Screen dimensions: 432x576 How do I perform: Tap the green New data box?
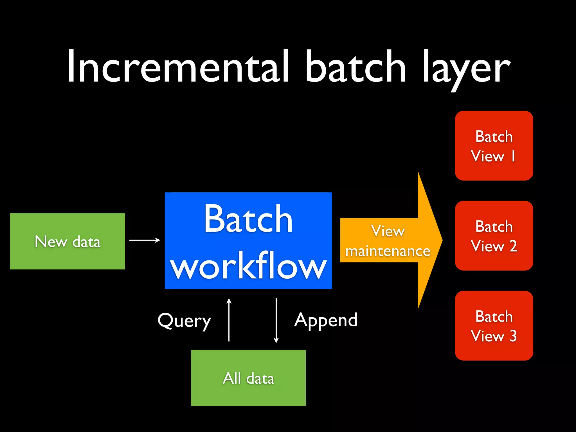pyautogui.click(x=67, y=241)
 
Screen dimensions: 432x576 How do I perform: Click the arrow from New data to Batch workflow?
pyautogui.click(x=145, y=240)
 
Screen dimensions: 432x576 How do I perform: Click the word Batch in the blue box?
pyautogui.click(x=248, y=219)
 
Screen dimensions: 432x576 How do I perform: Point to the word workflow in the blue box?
pyautogui.click(x=248, y=266)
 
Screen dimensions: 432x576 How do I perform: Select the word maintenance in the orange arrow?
pyautogui.click(x=388, y=251)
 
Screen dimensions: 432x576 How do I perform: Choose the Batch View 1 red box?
pyautogui.click(x=494, y=146)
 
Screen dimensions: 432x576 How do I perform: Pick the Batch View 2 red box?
pyautogui.click(x=494, y=236)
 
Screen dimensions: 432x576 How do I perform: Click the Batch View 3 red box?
pyautogui.click(x=494, y=326)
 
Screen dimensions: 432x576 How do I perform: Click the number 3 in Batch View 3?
pyautogui.click(x=513, y=336)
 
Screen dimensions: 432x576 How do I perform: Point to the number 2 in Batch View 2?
pyautogui.click(x=513, y=246)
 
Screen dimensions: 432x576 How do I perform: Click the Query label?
pyautogui.click(x=184, y=321)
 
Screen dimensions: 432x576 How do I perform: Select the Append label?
pyautogui.click(x=326, y=320)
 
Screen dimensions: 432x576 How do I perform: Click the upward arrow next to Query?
pyautogui.click(x=229, y=320)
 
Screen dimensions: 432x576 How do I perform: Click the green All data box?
pyautogui.click(x=248, y=378)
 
